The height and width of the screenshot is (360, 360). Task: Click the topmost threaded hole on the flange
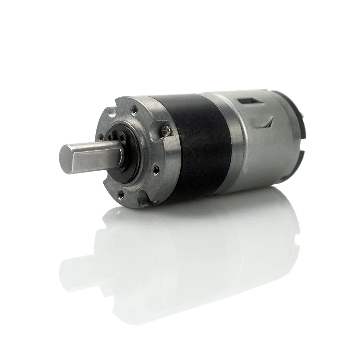click(134, 107)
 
